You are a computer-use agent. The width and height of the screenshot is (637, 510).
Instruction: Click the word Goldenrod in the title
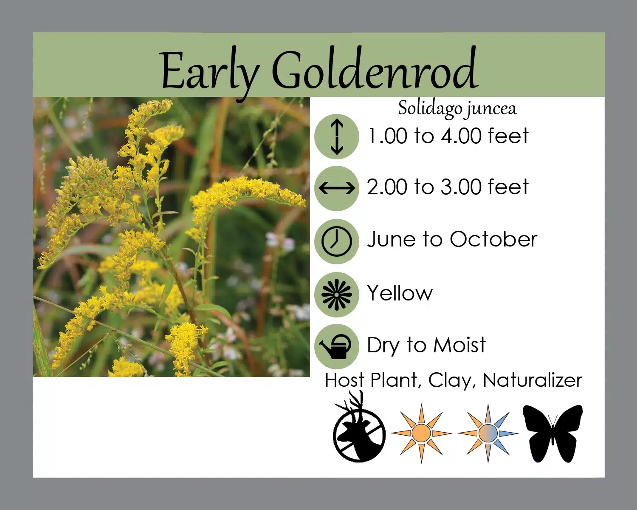[375, 68]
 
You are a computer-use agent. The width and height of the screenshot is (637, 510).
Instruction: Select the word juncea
[492, 110]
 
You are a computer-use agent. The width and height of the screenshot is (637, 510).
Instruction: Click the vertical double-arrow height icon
[337, 136]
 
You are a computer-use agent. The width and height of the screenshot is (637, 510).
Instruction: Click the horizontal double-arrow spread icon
[337, 188]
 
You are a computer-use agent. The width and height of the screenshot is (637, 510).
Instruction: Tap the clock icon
[337, 241]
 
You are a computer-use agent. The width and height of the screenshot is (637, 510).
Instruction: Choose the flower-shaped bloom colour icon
[337, 295]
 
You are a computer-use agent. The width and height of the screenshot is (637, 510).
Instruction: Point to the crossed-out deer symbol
[359, 427]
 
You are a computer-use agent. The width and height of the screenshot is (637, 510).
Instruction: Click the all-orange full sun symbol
[422, 433]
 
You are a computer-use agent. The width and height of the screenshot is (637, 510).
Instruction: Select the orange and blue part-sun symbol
[488, 433]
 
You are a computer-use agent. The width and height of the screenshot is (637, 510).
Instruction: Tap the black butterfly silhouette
[552, 433]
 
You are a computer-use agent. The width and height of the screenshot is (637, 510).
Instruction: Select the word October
[493, 239]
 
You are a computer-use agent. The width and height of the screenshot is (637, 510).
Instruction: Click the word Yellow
[400, 293]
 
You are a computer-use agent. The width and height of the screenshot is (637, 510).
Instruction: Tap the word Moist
[459, 345]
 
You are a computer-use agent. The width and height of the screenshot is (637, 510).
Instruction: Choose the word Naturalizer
[533, 380]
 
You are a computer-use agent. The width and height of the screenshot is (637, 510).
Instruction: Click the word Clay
[452, 381]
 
